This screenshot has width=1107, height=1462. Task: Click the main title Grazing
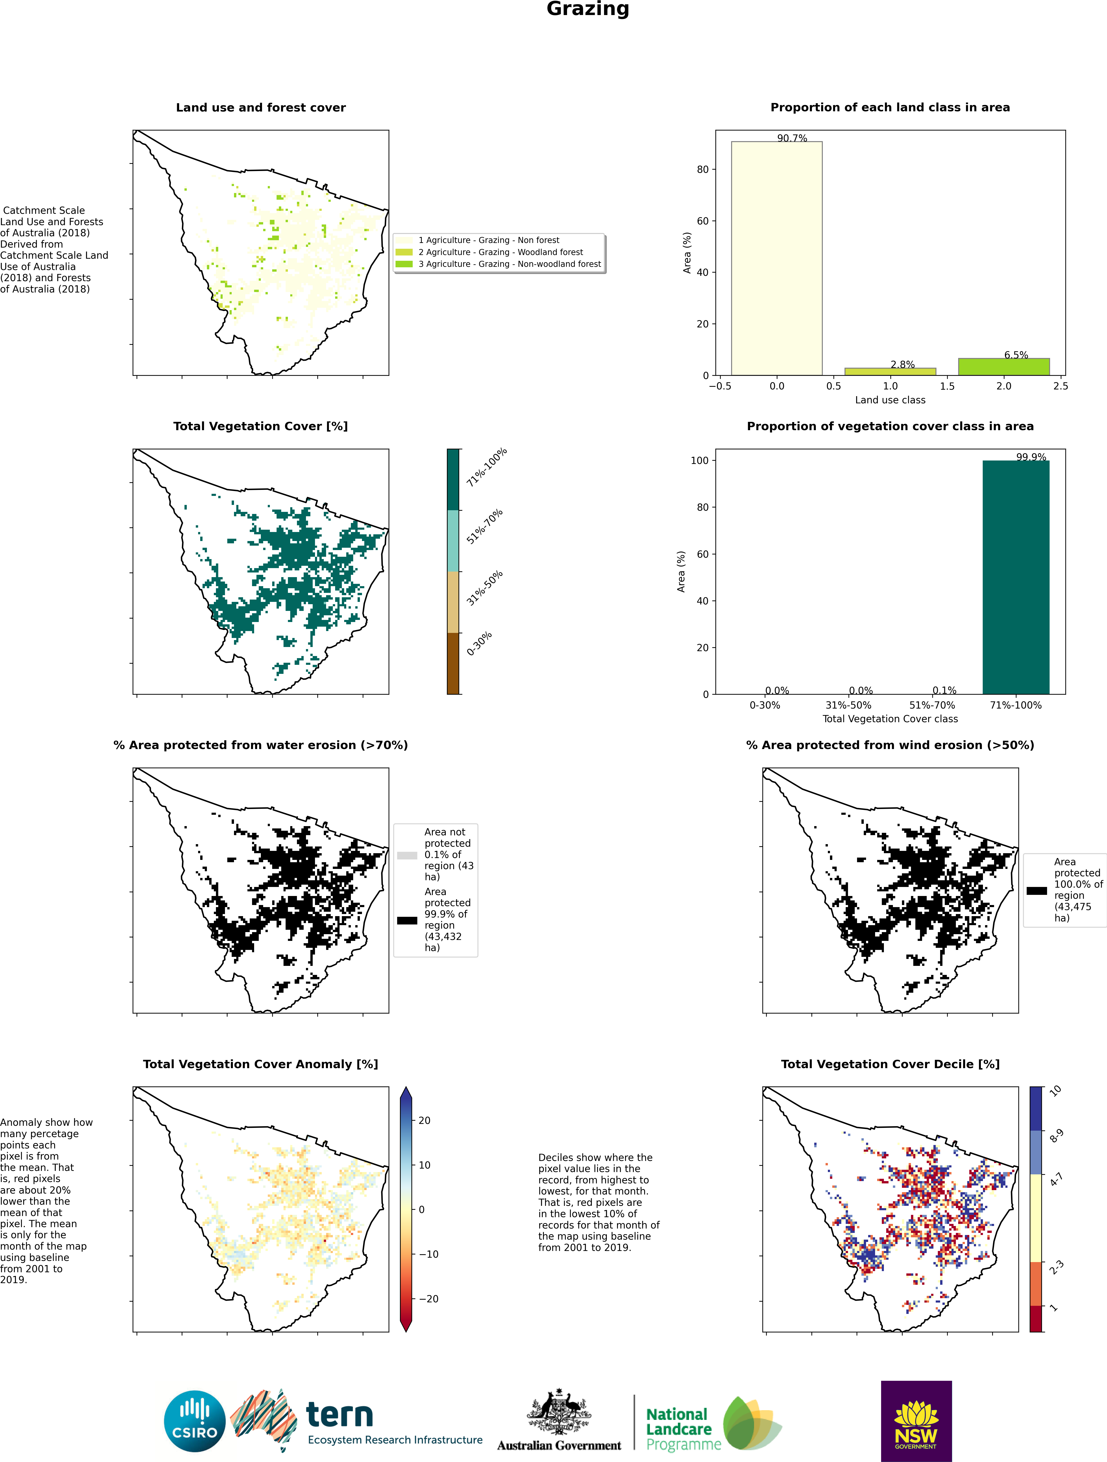[x=588, y=9]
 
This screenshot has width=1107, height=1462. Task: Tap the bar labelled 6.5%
[x=1003, y=367]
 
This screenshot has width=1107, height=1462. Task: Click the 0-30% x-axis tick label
[x=765, y=705]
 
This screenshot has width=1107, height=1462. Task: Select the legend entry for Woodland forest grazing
[x=500, y=252]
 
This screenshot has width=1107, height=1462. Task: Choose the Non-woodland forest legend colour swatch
[x=404, y=264]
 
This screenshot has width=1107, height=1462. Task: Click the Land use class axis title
[x=890, y=400]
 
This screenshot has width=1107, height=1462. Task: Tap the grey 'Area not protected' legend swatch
[x=407, y=855]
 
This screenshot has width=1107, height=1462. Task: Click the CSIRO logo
[x=195, y=1421]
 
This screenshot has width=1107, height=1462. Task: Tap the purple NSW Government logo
[x=916, y=1421]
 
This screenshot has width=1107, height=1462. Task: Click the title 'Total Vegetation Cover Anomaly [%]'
[x=260, y=1064]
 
